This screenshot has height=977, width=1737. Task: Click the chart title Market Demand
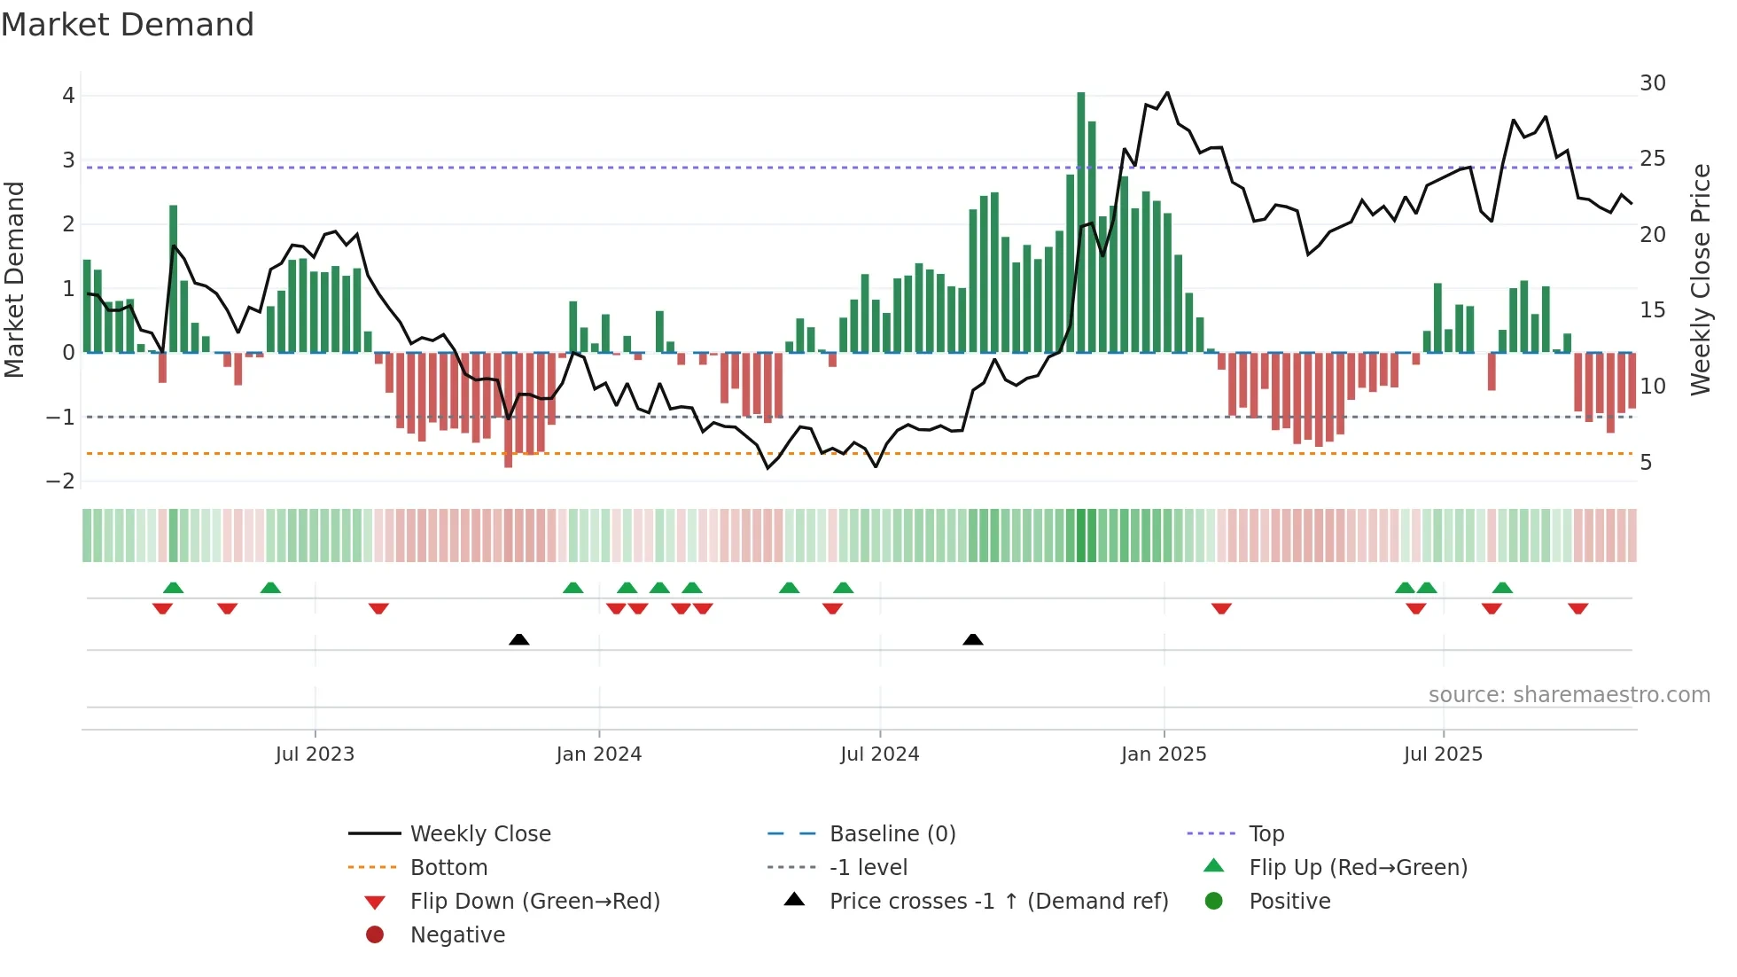pyautogui.click(x=128, y=25)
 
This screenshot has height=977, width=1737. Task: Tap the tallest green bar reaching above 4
pyautogui.click(x=1080, y=222)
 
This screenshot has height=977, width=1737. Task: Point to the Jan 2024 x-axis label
pyautogui.click(x=598, y=754)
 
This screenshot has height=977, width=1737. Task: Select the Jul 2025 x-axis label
pyautogui.click(x=1442, y=754)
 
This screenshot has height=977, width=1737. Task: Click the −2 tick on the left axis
pyautogui.click(x=61, y=481)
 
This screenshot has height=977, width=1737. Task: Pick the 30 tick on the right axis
pyautogui.click(x=1652, y=83)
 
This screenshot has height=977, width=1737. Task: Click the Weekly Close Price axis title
pyautogui.click(x=1700, y=279)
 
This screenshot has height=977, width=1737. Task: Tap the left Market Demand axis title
pyautogui.click(x=14, y=279)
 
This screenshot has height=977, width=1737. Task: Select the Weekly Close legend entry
pyautogui.click(x=479, y=834)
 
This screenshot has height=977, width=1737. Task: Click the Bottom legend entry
pyautogui.click(x=448, y=868)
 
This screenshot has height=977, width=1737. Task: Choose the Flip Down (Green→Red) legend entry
pyautogui.click(x=534, y=902)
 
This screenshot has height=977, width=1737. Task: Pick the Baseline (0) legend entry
pyautogui.click(x=892, y=834)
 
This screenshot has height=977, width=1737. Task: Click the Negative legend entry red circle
pyautogui.click(x=375, y=935)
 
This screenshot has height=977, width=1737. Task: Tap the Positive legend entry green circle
pyautogui.click(x=1213, y=902)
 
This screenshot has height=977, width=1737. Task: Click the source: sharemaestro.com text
pyautogui.click(x=1569, y=695)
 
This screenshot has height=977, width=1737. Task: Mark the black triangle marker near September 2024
pyautogui.click(x=972, y=639)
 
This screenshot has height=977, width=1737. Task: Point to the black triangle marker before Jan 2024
pyautogui.click(x=519, y=639)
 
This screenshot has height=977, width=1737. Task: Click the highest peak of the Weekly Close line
pyautogui.click(x=1167, y=92)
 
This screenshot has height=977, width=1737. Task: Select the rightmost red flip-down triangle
pyautogui.click(x=1577, y=608)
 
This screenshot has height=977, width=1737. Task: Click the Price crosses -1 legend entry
pyautogui.click(x=998, y=902)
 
